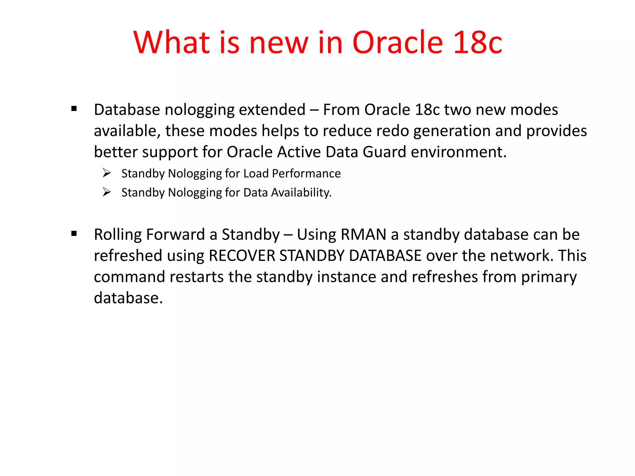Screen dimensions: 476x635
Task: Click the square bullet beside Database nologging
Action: pos(74,109)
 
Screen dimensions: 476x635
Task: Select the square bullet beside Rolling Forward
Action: pos(74,234)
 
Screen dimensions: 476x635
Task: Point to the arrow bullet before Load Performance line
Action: pos(107,173)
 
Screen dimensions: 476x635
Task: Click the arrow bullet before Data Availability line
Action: pos(107,192)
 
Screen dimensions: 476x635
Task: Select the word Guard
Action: pos(384,152)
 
